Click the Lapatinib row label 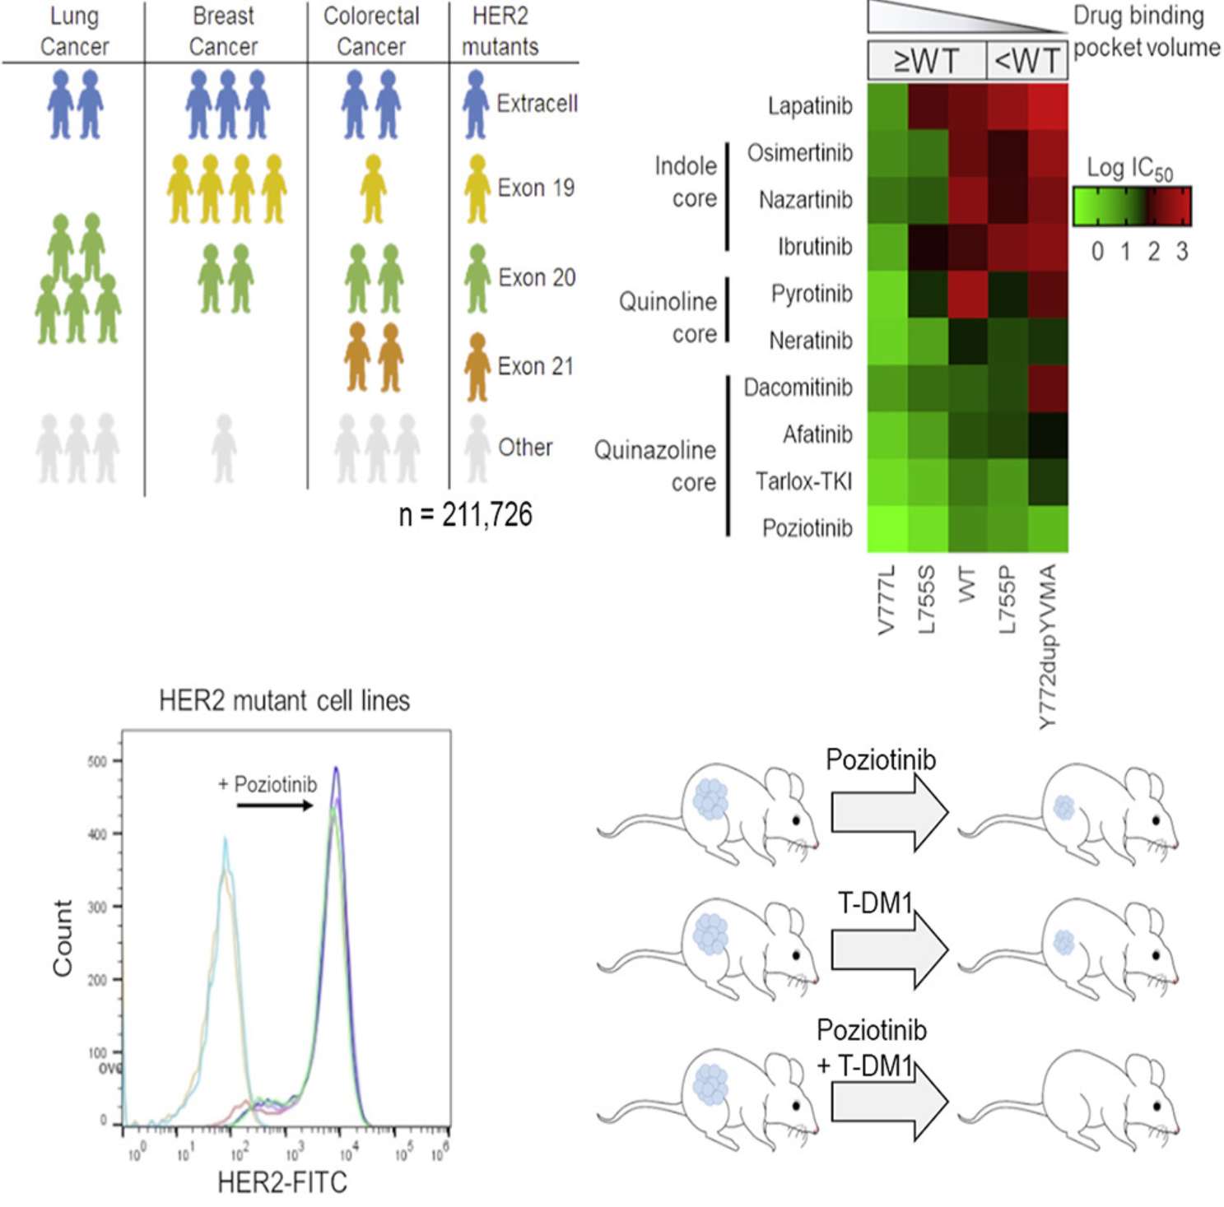(x=809, y=106)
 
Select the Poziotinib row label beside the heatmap (x=807, y=528)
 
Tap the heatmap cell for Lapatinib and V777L (x=887, y=107)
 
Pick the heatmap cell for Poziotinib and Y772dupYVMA (x=1048, y=528)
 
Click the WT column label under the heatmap (x=967, y=583)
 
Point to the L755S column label (x=927, y=600)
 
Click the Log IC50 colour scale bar (x=1131, y=207)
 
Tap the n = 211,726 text (x=465, y=515)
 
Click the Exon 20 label (x=537, y=278)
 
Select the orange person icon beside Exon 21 (x=477, y=367)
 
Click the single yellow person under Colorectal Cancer (x=373, y=189)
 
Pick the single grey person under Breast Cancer (x=224, y=448)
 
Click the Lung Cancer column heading (x=74, y=31)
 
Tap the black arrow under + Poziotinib (x=274, y=805)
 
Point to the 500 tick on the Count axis (x=97, y=761)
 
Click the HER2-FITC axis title (x=282, y=1182)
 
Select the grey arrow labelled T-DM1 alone (x=889, y=949)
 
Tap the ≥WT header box (x=926, y=61)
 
